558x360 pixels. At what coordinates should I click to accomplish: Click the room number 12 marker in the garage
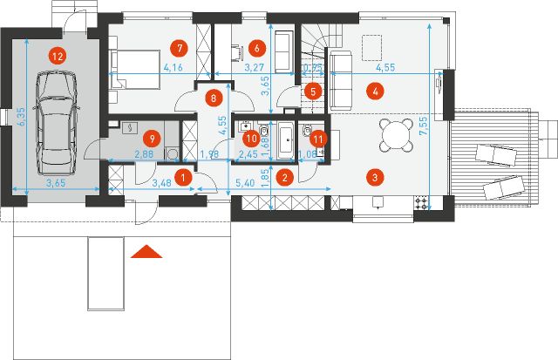coord(57,55)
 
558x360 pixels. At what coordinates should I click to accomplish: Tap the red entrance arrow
coord(147,253)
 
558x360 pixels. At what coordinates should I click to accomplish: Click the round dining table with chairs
coord(395,135)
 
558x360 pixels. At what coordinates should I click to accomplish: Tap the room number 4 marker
coord(375,90)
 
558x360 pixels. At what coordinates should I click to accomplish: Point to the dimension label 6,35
coord(20,122)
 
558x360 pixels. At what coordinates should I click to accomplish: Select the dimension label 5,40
coord(248,186)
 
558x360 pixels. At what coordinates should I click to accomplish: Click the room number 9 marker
coord(153,137)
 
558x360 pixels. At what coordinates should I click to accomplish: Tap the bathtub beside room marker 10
coord(286,140)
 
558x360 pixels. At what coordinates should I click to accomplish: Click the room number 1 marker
coord(182,177)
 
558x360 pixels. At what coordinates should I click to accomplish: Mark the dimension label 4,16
coord(173,67)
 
